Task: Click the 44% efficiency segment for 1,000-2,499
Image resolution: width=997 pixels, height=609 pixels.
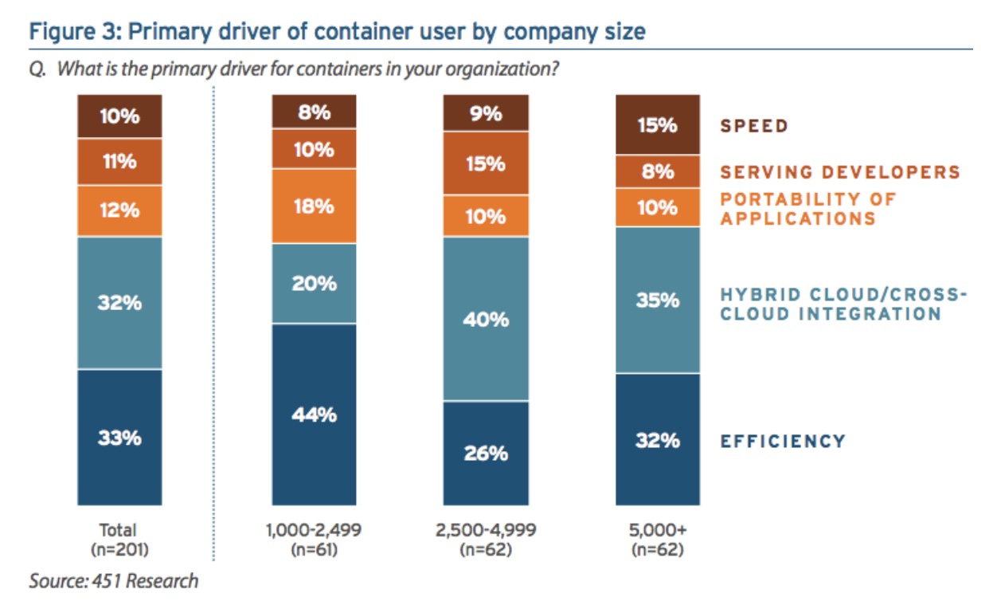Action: click(314, 415)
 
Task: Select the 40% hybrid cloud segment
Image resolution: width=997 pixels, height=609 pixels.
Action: click(486, 319)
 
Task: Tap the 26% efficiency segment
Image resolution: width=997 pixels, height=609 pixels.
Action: click(486, 453)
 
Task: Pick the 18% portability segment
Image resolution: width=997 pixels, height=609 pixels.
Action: click(314, 206)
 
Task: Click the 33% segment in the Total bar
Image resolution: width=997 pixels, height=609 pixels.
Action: click(119, 437)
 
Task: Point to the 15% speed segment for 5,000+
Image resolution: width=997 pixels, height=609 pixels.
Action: click(657, 125)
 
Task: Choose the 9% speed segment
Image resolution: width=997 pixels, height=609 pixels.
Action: click(486, 113)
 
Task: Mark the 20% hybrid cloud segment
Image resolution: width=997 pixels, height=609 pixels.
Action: click(314, 283)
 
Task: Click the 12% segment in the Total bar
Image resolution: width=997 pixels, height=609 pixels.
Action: click(119, 210)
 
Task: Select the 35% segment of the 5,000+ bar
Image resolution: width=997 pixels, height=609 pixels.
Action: click(657, 300)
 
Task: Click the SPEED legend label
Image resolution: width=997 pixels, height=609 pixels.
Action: click(754, 126)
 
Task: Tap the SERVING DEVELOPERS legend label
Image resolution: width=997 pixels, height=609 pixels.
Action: click(840, 171)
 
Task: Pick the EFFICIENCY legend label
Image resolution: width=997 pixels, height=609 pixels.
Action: click(783, 441)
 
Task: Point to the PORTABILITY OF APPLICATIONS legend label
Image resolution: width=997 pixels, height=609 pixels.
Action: click(807, 209)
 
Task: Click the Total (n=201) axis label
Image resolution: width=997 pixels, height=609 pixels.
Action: click(119, 537)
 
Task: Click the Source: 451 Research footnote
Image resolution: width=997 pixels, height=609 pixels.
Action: click(114, 580)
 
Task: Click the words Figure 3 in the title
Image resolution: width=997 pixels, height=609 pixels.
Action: click(69, 33)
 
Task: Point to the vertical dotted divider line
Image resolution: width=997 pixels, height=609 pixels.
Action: click(213, 319)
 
